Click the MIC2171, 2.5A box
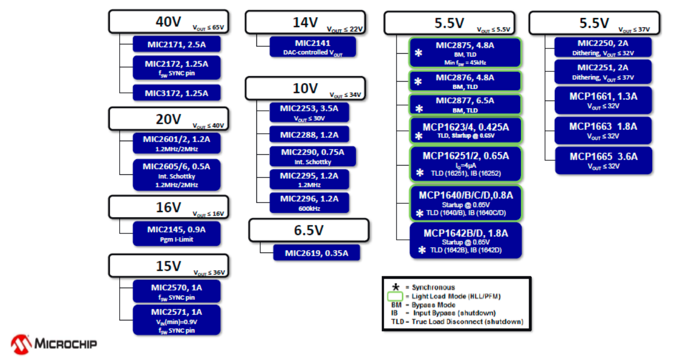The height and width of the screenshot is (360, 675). point(176,43)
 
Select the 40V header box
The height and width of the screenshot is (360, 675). point(169,22)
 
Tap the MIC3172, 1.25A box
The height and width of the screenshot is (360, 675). point(176,93)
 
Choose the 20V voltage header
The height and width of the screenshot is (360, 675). point(169,119)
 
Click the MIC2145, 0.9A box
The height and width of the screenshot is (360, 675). point(176,233)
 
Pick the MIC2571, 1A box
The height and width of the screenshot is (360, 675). point(176,319)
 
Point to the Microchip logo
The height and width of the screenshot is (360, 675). point(54,344)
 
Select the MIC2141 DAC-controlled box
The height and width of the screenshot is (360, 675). point(313,47)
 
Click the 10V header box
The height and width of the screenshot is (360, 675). point(305,88)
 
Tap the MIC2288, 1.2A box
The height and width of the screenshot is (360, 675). point(309,134)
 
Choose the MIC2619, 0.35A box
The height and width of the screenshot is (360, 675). point(316,253)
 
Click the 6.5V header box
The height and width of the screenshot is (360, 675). point(309,230)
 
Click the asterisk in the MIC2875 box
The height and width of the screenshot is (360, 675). point(418,53)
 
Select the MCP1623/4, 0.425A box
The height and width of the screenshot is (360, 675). point(465,130)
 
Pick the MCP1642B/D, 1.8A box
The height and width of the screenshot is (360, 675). point(465,240)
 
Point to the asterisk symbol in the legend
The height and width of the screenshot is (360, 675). point(396,287)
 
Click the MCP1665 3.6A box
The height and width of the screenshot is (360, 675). point(603,161)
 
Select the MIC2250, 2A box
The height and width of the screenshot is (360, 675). point(603,47)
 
